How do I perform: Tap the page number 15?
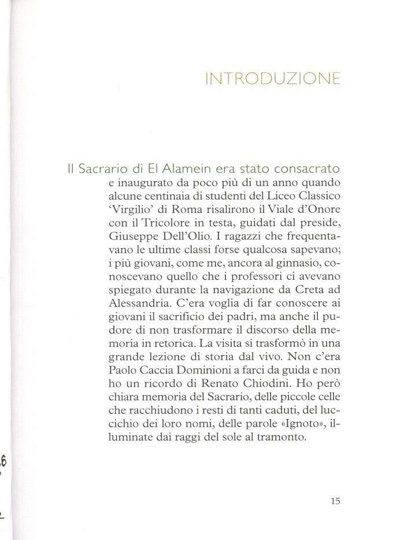[x=335, y=501]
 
